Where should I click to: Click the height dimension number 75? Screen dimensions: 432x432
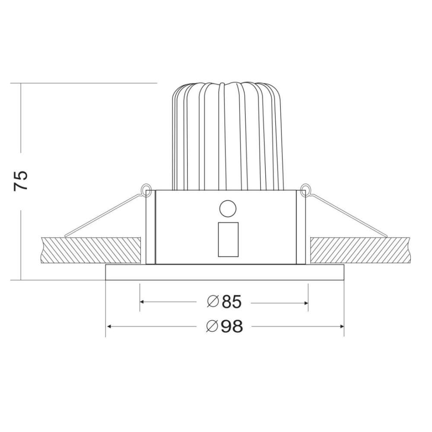(21, 181)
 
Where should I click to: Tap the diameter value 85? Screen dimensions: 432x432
(232, 302)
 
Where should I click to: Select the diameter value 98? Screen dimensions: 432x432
(232, 326)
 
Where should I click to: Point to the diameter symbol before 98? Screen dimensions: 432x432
(213, 326)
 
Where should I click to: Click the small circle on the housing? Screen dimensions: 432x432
(228, 209)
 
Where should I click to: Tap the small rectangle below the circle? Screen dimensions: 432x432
(228, 239)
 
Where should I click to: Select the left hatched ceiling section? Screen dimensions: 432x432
(91, 250)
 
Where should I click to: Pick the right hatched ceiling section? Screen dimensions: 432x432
(359, 250)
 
